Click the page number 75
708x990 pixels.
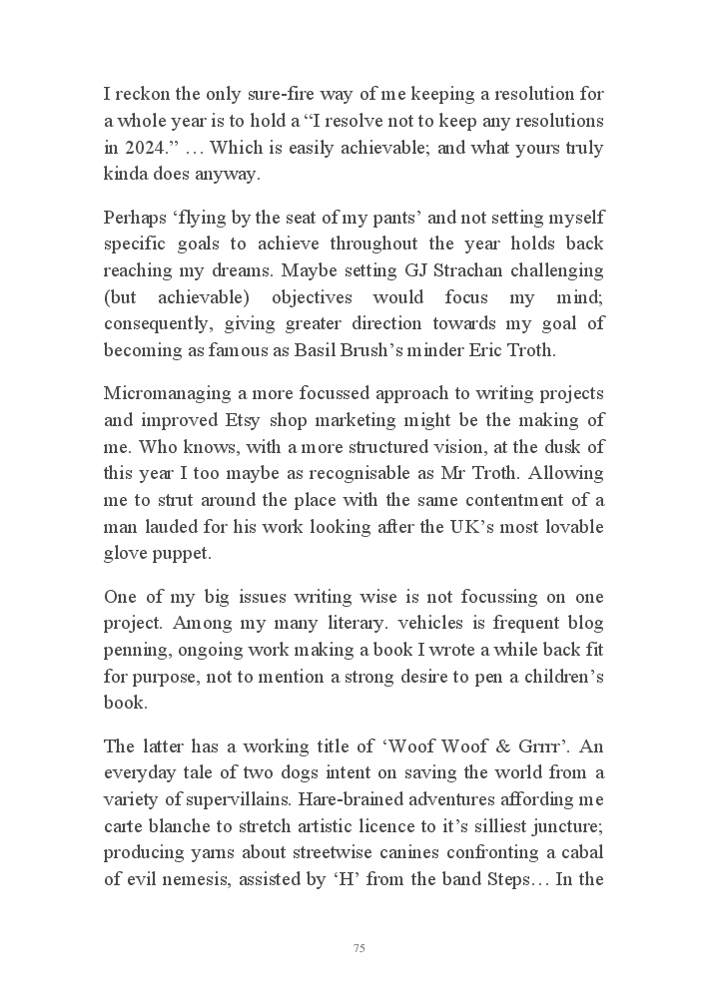pos(358,949)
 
